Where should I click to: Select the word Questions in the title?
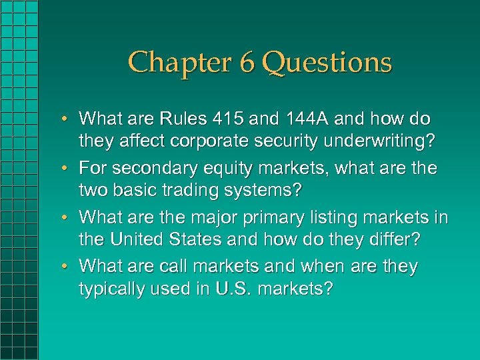pyautogui.click(x=327, y=63)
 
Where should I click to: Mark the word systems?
pyautogui.click(x=264, y=190)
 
